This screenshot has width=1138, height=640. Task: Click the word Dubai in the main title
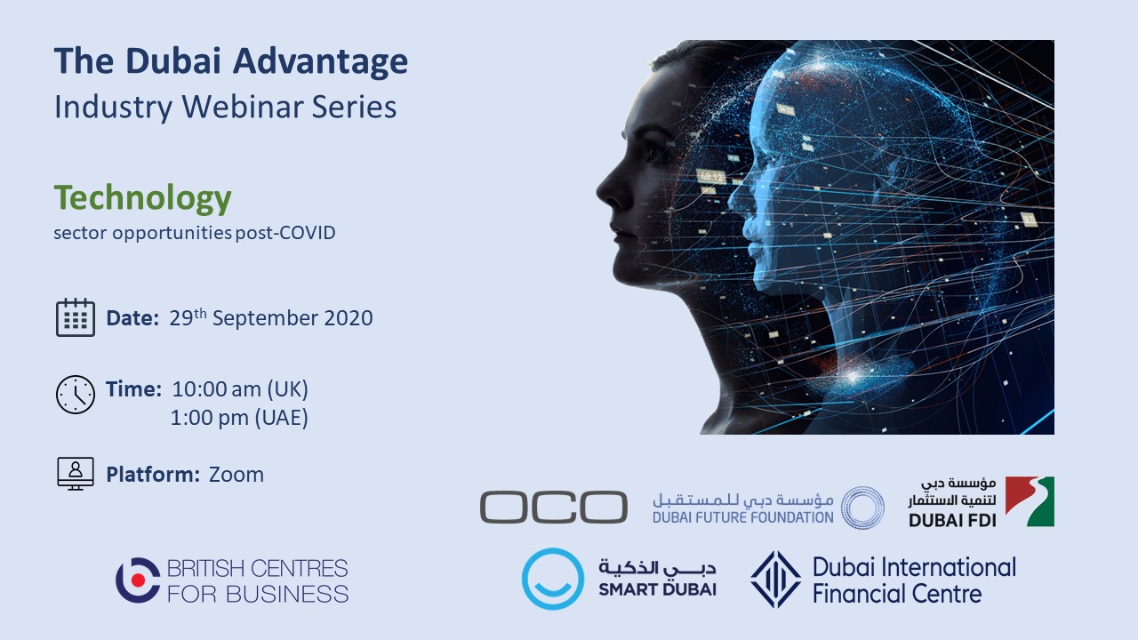point(173,61)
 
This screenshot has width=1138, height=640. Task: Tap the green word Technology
point(143,198)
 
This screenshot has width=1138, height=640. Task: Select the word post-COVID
point(285,233)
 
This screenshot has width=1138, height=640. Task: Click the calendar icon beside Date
point(76,317)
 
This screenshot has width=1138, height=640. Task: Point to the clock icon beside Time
point(76,395)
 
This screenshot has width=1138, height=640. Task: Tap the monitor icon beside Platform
point(76,474)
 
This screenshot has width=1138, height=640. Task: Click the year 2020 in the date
point(349,318)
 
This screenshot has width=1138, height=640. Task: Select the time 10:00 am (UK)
point(240,389)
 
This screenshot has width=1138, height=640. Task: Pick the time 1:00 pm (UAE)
point(239,418)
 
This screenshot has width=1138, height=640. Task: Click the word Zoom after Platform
point(236,475)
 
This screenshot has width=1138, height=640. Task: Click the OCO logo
point(554,507)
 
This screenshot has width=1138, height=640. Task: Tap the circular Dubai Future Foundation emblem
point(862,508)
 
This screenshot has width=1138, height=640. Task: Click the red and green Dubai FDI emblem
point(1030,501)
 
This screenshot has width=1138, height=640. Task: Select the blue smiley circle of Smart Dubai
point(553,579)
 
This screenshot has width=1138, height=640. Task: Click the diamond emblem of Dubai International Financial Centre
point(776,580)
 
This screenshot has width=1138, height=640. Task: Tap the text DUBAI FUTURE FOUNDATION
point(742,517)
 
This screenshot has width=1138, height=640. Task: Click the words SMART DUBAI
point(657,589)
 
